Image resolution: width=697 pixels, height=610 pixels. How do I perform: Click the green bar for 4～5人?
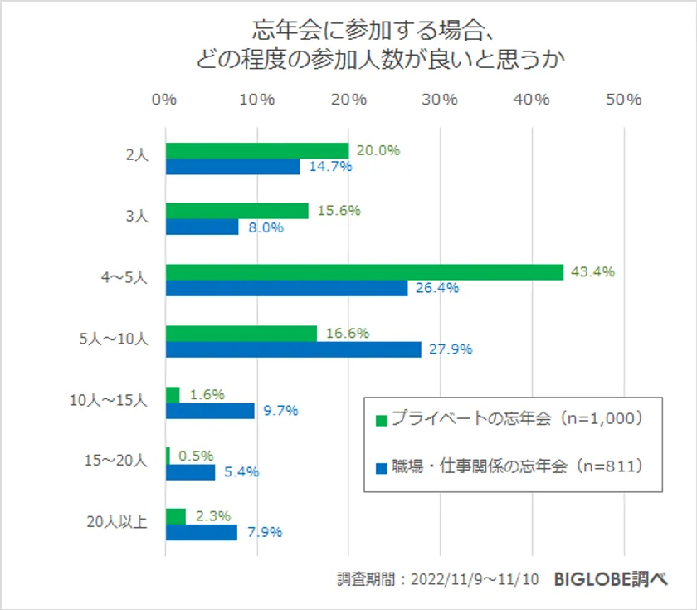pyautogui.click(x=364, y=272)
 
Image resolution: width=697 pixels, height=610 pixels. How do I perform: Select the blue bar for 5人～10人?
pyautogui.click(x=293, y=349)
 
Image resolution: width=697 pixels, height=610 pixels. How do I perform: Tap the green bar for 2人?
pyautogui.click(x=256, y=150)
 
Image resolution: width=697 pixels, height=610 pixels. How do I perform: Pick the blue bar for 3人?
pyautogui.click(x=202, y=227)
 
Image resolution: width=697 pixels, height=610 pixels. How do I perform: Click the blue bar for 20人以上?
pyautogui.click(x=201, y=532)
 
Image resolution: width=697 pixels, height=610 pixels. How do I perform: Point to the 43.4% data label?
pyautogui.click(x=592, y=272)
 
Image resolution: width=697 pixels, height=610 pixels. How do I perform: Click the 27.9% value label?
pyautogui.click(x=451, y=349)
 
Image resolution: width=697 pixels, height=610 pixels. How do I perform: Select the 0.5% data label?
pyautogui.click(x=195, y=456)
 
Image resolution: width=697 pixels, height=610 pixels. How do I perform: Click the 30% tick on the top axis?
pyautogui.click(x=440, y=100)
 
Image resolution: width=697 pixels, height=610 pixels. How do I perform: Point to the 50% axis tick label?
pyautogui.click(x=623, y=100)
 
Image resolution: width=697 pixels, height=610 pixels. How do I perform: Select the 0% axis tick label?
pyautogui.click(x=164, y=100)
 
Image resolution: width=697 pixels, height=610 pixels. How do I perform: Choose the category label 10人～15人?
pyautogui.click(x=108, y=402)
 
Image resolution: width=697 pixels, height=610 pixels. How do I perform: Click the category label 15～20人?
pyautogui.click(x=117, y=462)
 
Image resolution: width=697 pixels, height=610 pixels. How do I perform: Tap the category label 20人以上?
pyautogui.click(x=117, y=523)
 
